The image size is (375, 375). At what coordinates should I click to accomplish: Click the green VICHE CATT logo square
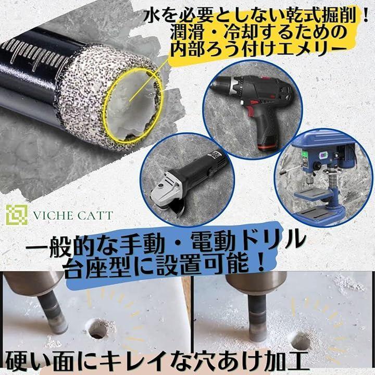point(17,215)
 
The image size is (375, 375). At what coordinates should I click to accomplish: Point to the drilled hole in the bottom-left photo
point(97,329)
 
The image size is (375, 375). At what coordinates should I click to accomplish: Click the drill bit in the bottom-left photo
point(53,311)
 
